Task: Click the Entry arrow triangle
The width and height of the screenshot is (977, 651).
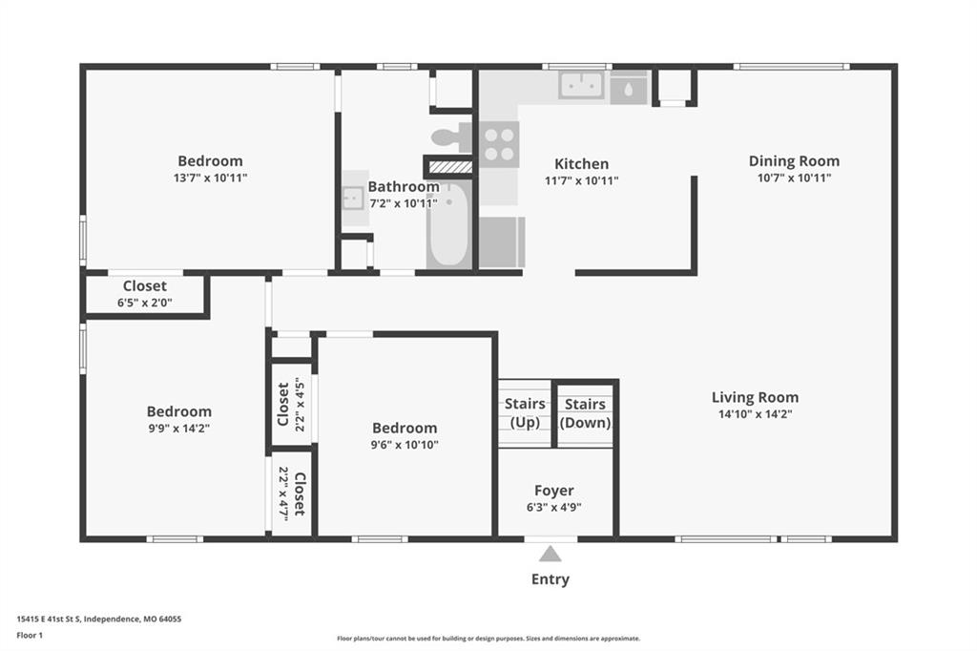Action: tap(551, 554)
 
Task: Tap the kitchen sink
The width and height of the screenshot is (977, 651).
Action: tap(581, 85)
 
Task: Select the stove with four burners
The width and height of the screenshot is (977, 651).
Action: tap(499, 145)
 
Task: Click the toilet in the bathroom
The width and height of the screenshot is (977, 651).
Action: tap(451, 137)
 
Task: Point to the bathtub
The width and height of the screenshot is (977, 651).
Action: tap(448, 224)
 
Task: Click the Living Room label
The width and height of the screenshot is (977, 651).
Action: tap(756, 397)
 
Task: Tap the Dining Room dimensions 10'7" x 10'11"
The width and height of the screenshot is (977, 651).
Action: tap(795, 178)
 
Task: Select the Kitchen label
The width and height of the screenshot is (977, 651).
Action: tap(581, 164)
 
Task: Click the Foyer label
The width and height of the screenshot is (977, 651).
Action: tap(554, 491)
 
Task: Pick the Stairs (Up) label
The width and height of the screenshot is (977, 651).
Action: tap(525, 412)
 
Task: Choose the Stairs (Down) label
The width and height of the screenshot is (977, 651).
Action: tap(585, 413)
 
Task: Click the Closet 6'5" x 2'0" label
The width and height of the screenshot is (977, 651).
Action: tap(145, 294)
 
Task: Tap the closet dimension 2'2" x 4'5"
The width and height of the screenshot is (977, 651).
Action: tap(300, 404)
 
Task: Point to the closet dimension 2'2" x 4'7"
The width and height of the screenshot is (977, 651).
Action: tap(283, 493)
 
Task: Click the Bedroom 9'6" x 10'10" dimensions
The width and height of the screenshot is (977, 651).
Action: tap(405, 445)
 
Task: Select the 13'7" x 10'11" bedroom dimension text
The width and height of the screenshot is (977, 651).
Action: tap(211, 178)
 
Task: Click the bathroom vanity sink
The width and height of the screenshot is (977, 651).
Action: tap(353, 199)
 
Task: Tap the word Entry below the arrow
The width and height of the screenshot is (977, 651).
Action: tap(551, 579)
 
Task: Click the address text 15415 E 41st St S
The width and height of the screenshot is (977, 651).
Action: tap(49, 619)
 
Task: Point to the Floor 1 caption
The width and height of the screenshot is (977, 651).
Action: tap(30, 636)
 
